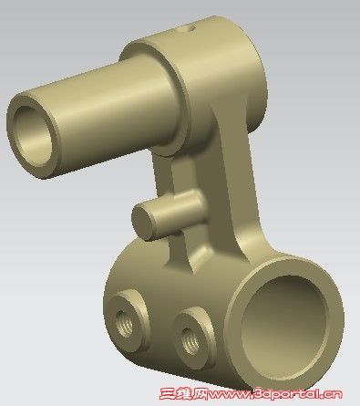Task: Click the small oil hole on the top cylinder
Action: pyautogui.click(x=191, y=28)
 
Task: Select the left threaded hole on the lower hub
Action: pyautogui.click(x=125, y=323)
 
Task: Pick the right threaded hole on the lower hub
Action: pyautogui.click(x=190, y=340)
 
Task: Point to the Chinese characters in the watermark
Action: pyautogui.click(x=183, y=394)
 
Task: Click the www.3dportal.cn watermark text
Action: pyautogui.click(x=275, y=394)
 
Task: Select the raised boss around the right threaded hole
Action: pyautogui.click(x=194, y=338)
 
